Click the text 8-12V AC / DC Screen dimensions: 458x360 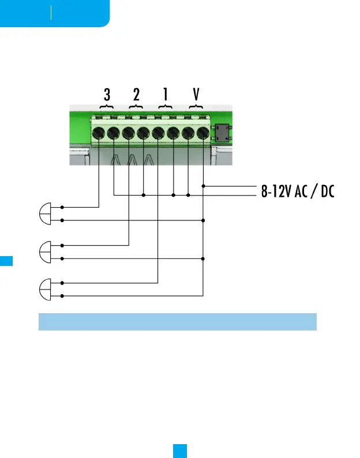tap(298, 192)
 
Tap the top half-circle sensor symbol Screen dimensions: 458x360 tap(45, 213)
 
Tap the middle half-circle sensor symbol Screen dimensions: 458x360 tap(45, 251)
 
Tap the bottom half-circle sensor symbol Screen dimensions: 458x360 tap(45, 289)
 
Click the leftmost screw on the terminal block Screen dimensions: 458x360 tap(99, 134)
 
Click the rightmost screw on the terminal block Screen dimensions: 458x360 tap(202, 134)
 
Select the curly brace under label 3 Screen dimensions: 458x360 tap(107, 108)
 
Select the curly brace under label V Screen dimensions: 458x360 tap(196, 108)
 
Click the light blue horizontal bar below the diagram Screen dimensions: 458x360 tap(178, 322)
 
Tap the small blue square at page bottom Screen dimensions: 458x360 tap(179, 451)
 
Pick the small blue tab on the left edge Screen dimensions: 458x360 tap(6, 260)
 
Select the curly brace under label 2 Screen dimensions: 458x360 tap(136, 108)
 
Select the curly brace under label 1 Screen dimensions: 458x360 tap(166, 108)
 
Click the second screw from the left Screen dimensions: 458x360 tap(114, 134)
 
